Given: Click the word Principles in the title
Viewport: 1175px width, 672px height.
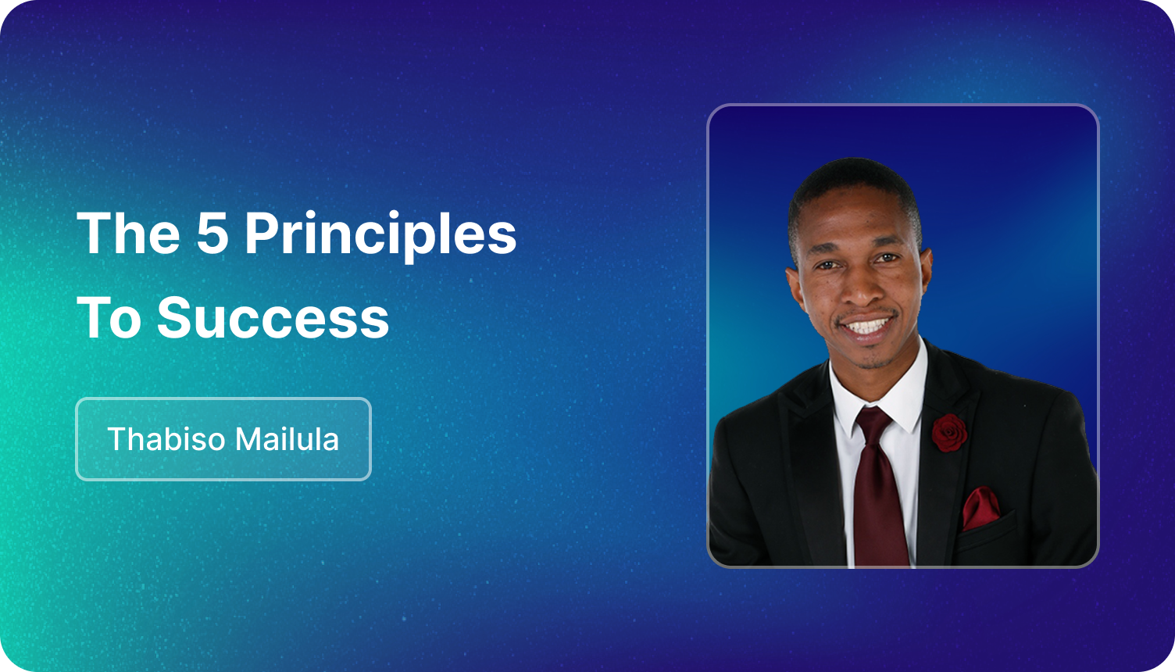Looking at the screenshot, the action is pos(380,234).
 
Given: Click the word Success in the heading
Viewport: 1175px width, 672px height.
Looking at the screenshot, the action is pos(273,317).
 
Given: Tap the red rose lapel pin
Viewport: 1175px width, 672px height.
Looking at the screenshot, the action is pos(949,433).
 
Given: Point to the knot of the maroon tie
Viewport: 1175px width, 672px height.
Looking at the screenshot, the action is pos(874,422).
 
